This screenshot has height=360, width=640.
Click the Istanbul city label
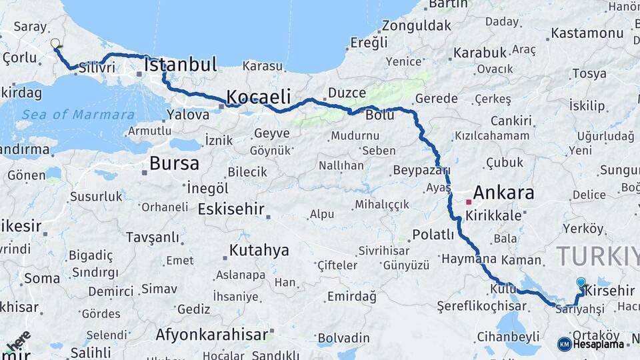pyautogui.click(x=181, y=65)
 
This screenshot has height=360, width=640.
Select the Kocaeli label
pyautogui.click(x=259, y=95)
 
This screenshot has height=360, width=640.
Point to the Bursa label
pyautogui.click(x=174, y=163)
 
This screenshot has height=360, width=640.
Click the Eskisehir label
pyautogui.click(x=231, y=209)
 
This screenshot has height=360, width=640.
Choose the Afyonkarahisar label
pyautogui.click(x=211, y=335)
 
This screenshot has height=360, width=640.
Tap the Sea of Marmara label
pyautogui.click(x=77, y=115)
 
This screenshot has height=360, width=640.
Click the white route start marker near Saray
pyautogui.click(x=55, y=43)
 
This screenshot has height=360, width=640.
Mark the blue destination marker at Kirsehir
pyautogui.click(x=581, y=283)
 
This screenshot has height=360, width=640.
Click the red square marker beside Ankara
pyautogui.click(x=469, y=201)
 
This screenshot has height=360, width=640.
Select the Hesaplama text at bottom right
pyautogui.click(x=599, y=344)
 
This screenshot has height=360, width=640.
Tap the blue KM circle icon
pyautogui.click(x=564, y=344)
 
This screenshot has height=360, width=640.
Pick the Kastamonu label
pyautogui.click(x=587, y=33)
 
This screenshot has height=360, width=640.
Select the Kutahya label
pyautogui.click(x=259, y=251)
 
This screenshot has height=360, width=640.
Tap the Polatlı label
pyautogui.click(x=433, y=235)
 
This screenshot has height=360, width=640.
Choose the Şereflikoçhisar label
pyautogui.click(x=482, y=307)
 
